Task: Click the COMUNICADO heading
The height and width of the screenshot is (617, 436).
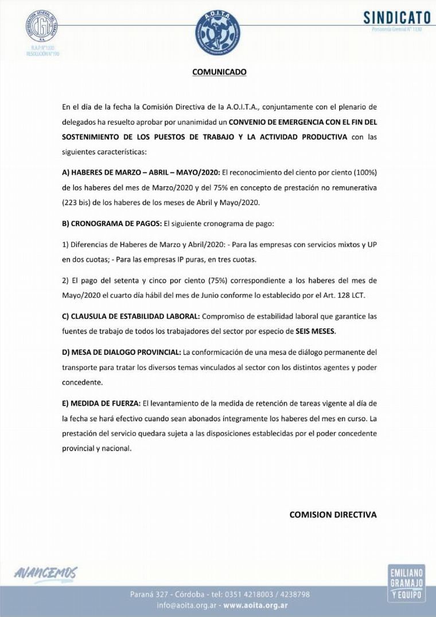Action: click(219, 72)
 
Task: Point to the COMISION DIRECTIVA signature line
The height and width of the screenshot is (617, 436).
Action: click(333, 514)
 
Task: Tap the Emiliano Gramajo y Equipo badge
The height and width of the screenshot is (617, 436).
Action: click(407, 582)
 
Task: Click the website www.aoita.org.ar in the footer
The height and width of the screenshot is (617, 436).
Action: click(255, 605)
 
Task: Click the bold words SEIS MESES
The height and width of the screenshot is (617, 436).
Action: click(315, 331)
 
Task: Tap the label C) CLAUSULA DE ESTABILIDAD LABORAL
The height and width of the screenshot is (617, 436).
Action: click(131, 316)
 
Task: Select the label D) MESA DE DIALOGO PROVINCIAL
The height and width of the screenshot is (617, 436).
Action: click(121, 351)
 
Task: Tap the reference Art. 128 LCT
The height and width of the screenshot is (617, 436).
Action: click(347, 296)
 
